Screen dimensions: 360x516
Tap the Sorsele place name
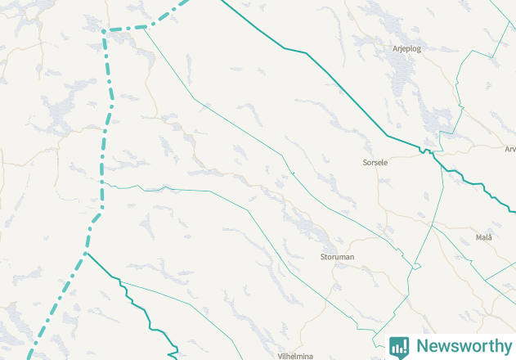click(x=375, y=163)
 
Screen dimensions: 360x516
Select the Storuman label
click(x=337, y=257)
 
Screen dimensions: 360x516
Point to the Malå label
click(x=483, y=237)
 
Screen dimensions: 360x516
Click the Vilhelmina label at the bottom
click(x=295, y=357)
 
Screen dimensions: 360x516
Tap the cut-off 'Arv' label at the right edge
click(x=509, y=149)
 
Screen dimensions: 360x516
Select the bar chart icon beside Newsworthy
click(x=399, y=346)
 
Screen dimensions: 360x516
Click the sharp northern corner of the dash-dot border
click(x=105, y=32)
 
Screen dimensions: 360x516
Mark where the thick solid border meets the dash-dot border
click(x=85, y=254)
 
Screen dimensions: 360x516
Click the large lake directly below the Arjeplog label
click(x=403, y=78)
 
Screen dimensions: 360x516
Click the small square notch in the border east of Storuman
click(x=415, y=266)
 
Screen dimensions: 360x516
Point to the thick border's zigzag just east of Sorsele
click(x=425, y=151)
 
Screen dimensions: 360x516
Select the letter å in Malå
click(x=489, y=237)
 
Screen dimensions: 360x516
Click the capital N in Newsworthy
click(x=422, y=346)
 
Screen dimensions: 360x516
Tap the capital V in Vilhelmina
click(x=280, y=357)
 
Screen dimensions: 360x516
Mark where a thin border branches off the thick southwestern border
click(x=121, y=283)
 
